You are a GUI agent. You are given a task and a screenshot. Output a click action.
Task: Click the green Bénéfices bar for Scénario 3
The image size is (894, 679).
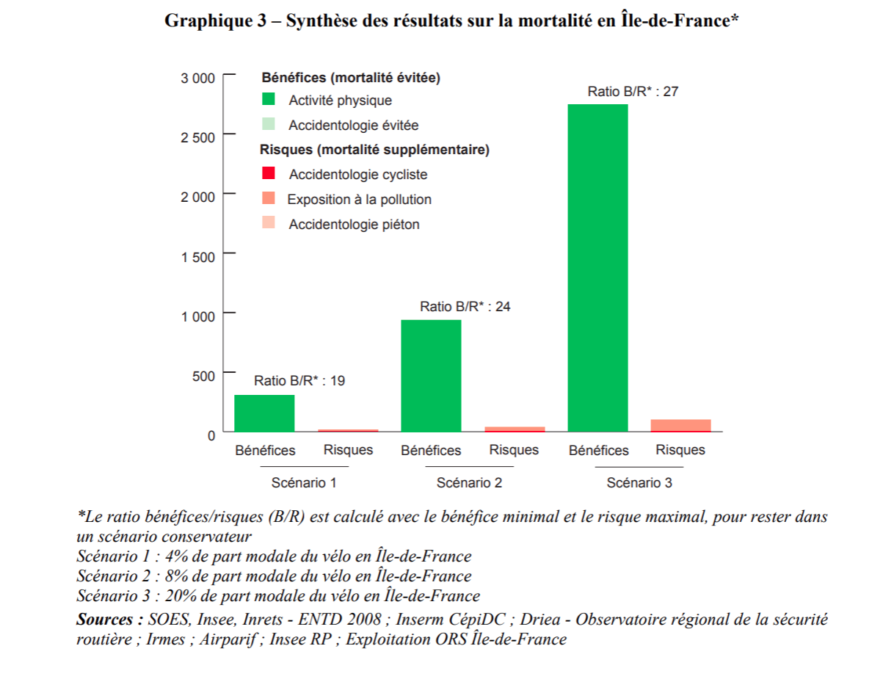[597, 268]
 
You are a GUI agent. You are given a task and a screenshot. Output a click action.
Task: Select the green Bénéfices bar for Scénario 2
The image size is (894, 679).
[431, 376]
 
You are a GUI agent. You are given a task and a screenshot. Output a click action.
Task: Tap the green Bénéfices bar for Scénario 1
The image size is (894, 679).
[264, 413]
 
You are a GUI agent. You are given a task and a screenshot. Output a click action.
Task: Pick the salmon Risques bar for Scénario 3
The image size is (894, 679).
[680, 426]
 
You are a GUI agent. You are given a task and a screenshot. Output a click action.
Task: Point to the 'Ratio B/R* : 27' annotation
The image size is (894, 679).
[632, 92]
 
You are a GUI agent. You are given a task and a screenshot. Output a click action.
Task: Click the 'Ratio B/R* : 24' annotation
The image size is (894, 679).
[465, 307]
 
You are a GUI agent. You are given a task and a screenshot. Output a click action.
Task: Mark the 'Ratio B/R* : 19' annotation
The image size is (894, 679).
[299, 381]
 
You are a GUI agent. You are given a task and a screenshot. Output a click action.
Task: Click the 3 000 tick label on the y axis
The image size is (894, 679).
[198, 78]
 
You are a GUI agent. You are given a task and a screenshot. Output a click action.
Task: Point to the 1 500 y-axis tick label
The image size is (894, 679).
[198, 256]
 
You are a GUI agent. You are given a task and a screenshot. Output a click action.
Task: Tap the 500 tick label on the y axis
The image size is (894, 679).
[203, 376]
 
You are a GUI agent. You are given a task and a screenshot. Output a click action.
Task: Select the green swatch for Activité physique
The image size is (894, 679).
[269, 99]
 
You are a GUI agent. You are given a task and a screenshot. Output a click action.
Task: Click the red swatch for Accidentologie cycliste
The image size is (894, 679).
[269, 173]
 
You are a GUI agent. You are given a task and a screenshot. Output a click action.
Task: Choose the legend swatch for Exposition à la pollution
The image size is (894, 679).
[269, 198]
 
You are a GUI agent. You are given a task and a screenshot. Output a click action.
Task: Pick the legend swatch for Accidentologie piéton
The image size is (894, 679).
[269, 223]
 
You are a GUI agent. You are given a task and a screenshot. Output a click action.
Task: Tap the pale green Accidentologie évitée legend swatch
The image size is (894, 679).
[269, 124]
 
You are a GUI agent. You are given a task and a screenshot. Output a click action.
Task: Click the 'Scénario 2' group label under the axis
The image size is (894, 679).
[469, 483]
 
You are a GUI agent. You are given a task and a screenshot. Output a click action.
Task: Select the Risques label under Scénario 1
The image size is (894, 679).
[348, 450]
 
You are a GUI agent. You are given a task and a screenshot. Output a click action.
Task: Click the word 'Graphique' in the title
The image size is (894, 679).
[208, 21]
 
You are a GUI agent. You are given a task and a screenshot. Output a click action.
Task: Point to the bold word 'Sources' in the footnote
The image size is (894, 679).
[107, 620]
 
